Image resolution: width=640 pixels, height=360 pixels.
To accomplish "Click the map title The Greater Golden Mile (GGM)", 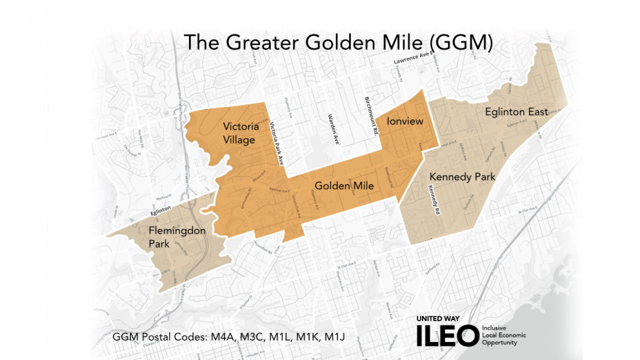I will (x=338, y=42).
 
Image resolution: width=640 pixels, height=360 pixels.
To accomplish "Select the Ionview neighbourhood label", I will (x=404, y=121).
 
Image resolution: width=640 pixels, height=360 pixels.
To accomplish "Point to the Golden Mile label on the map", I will (x=345, y=186).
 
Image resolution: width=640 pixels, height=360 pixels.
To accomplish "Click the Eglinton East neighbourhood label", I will (x=516, y=112).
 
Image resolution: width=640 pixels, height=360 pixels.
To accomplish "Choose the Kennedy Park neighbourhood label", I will (x=462, y=176).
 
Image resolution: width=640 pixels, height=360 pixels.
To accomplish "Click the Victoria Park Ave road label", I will (x=277, y=145).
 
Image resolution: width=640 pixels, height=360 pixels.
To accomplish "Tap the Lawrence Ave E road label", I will (x=411, y=62).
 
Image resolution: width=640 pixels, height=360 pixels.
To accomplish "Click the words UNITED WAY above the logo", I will (x=440, y=319).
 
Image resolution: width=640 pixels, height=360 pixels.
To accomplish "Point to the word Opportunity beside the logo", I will (x=499, y=343).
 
